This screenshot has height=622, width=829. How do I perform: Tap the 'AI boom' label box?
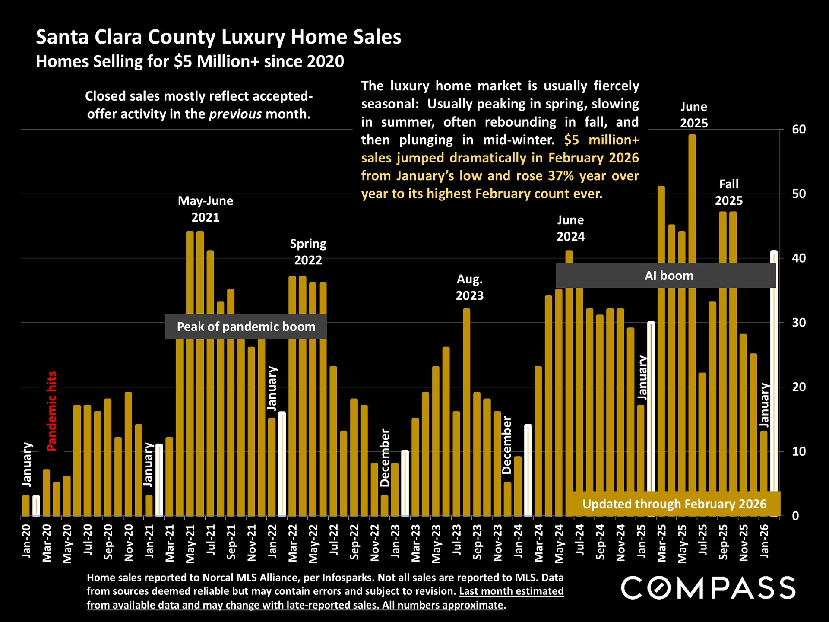(668, 276)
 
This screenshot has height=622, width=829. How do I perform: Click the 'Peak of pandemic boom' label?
(246, 327)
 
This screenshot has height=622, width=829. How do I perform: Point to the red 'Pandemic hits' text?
(52, 411)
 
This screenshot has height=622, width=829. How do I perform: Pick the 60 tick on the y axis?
(799, 130)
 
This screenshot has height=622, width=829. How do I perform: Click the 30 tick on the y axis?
(799, 323)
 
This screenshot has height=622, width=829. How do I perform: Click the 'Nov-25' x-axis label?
(744, 543)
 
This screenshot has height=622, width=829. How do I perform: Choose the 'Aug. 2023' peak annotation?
(470, 288)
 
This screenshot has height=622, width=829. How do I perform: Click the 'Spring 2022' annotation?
(308, 252)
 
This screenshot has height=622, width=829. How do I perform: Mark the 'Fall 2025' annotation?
(729, 192)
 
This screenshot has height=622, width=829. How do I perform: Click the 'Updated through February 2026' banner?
(674, 504)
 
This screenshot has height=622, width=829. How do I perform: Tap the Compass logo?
(708, 588)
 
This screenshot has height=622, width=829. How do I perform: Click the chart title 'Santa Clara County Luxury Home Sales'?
(218, 37)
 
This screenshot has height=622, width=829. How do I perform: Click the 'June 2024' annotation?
(570, 228)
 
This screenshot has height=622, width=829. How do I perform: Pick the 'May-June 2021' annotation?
(206, 209)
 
